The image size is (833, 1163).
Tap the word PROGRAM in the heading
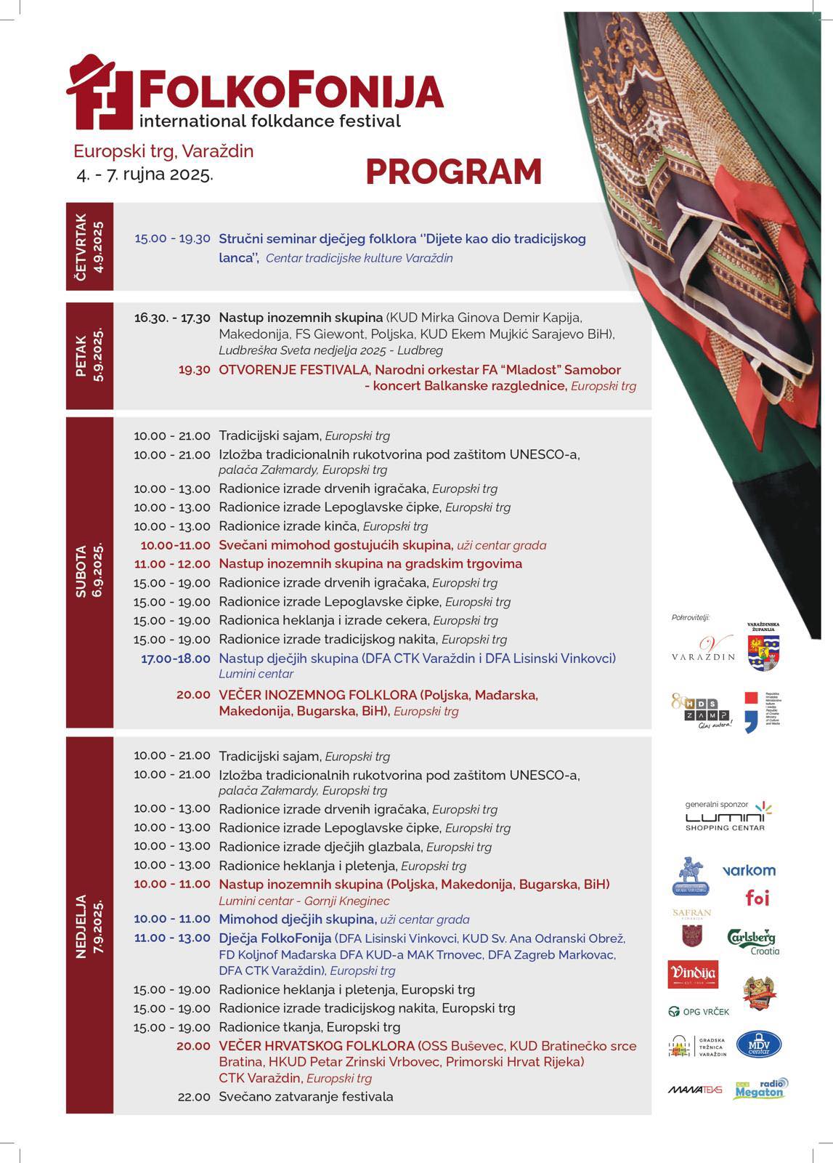[454, 172]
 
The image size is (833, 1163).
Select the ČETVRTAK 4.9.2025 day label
[90, 246]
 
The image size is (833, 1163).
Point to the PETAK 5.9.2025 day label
[90, 355]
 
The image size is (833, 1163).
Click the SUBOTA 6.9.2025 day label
[90, 571]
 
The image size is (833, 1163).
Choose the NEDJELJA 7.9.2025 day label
[90, 925]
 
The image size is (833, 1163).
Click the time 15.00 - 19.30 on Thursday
[172, 238]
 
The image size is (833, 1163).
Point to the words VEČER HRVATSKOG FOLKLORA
[317, 1046]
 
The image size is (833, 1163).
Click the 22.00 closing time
[194, 1097]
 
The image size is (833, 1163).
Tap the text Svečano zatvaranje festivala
[306, 1097]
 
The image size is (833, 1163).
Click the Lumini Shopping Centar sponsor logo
[726, 818]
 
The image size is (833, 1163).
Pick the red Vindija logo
[693, 974]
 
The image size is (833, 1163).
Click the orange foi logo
[757, 898]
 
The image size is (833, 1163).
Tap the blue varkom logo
[749, 870]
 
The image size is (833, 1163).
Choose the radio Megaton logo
[760, 1088]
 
